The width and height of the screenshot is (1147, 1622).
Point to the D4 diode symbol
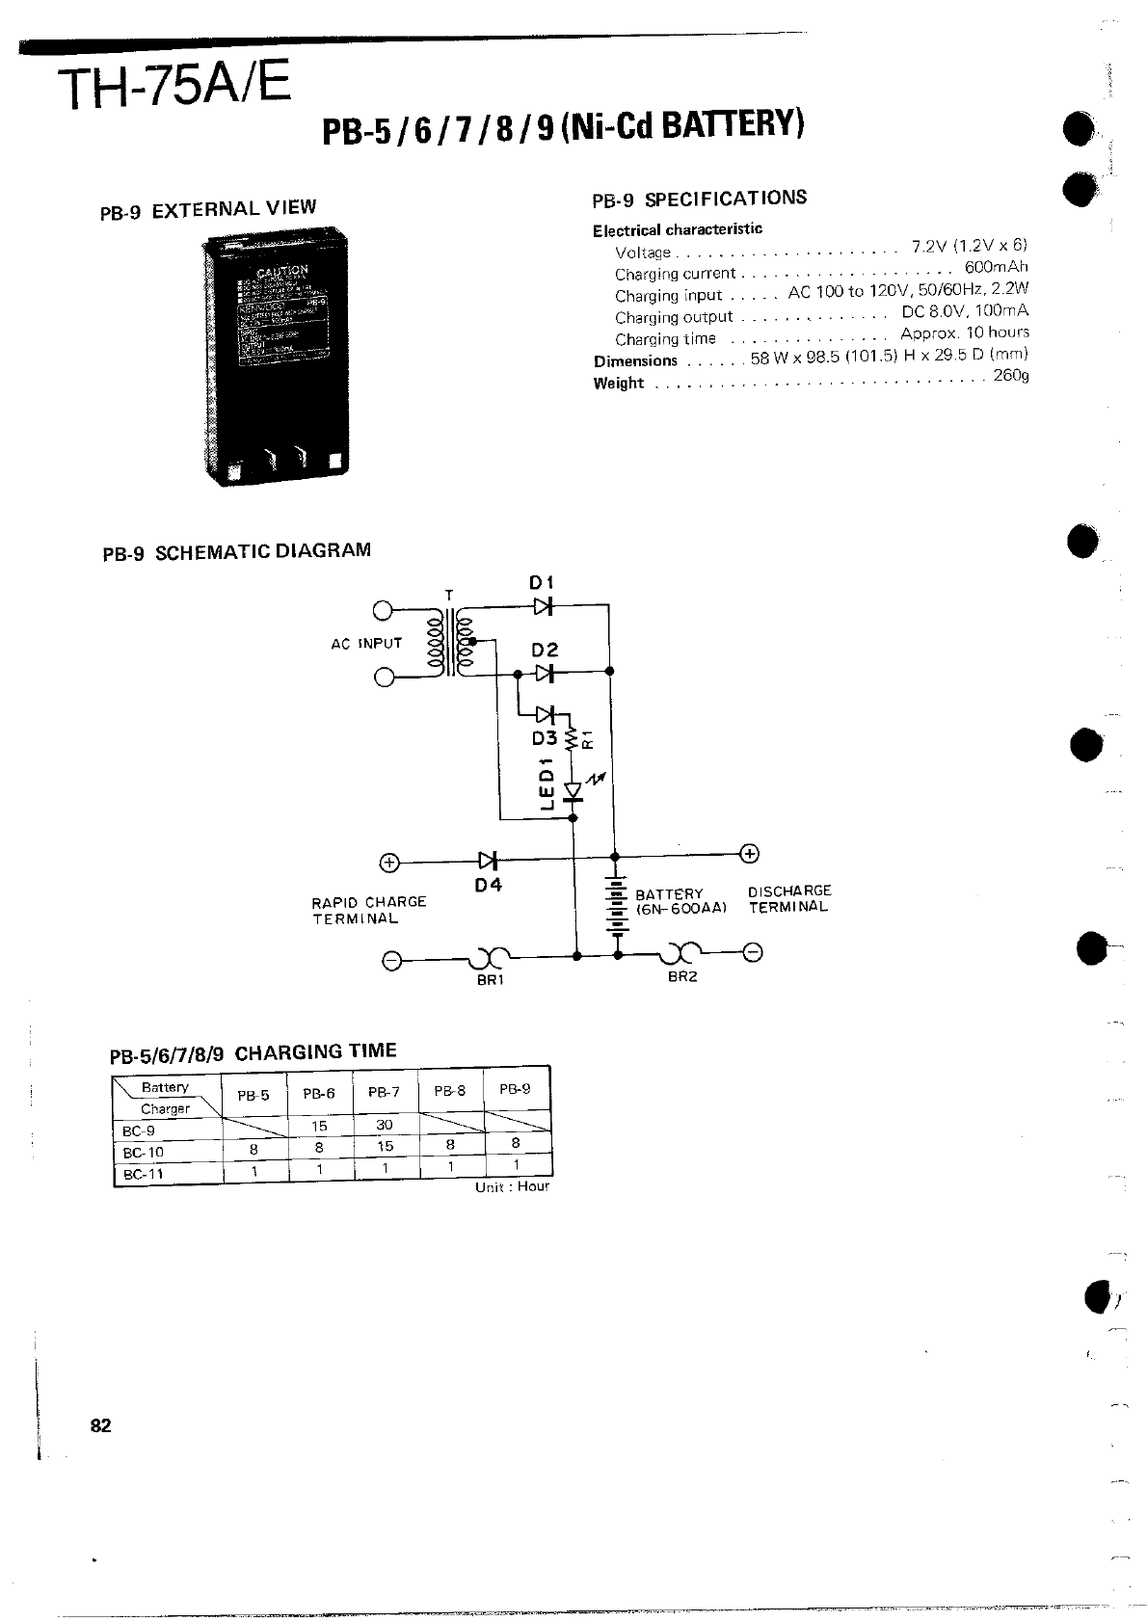[488, 860]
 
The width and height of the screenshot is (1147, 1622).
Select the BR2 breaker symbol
[682, 954]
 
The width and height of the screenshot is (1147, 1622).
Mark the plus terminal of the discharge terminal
[750, 853]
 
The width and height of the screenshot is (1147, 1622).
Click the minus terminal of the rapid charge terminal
[391, 961]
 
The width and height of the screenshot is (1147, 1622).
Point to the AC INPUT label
[366, 643]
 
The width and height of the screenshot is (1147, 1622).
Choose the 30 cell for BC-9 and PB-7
[384, 1125]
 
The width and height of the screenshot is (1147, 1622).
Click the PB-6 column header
[319, 1094]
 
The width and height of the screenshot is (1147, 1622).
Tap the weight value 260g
[1010, 375]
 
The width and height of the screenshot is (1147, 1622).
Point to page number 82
[101, 1426]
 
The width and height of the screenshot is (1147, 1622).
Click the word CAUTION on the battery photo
[281, 270]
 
